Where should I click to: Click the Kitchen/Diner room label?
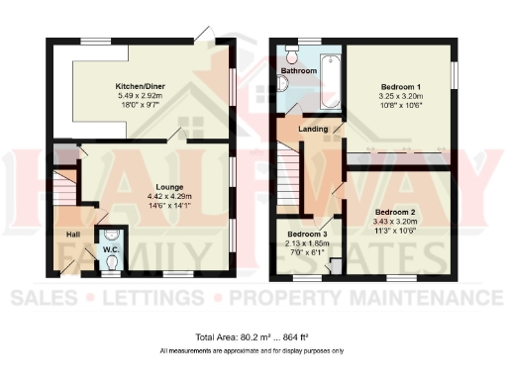click(x=140, y=86)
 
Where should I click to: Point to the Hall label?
click(x=72, y=235)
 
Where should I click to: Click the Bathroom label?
click(x=298, y=72)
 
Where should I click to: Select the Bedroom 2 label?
click(x=394, y=212)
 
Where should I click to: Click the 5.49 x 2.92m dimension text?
click(x=140, y=96)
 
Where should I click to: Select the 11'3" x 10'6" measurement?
click(x=394, y=232)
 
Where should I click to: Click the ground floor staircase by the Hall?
click(x=64, y=188)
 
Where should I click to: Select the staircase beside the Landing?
click(x=288, y=165)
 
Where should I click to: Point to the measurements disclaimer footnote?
click(x=252, y=351)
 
